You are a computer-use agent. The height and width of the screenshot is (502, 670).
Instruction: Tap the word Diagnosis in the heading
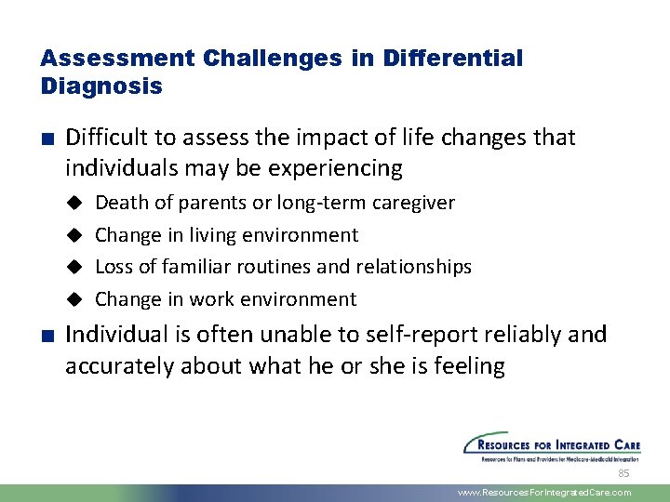pos(101,86)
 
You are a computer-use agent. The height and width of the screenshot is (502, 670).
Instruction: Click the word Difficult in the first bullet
pos(106,138)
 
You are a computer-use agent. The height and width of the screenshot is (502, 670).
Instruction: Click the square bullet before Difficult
pos(46,139)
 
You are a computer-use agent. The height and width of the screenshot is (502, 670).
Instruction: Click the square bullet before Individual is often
pos(46,336)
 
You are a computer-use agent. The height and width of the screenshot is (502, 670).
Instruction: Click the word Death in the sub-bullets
pos(121,203)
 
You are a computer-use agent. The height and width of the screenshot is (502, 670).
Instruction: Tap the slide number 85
pos(624,473)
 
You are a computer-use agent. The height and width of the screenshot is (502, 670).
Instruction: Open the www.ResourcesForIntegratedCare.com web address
pos(544,493)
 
